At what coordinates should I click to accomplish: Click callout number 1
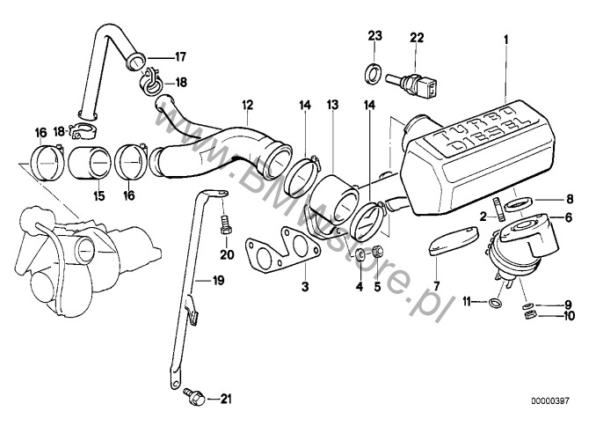[x=506, y=39]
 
